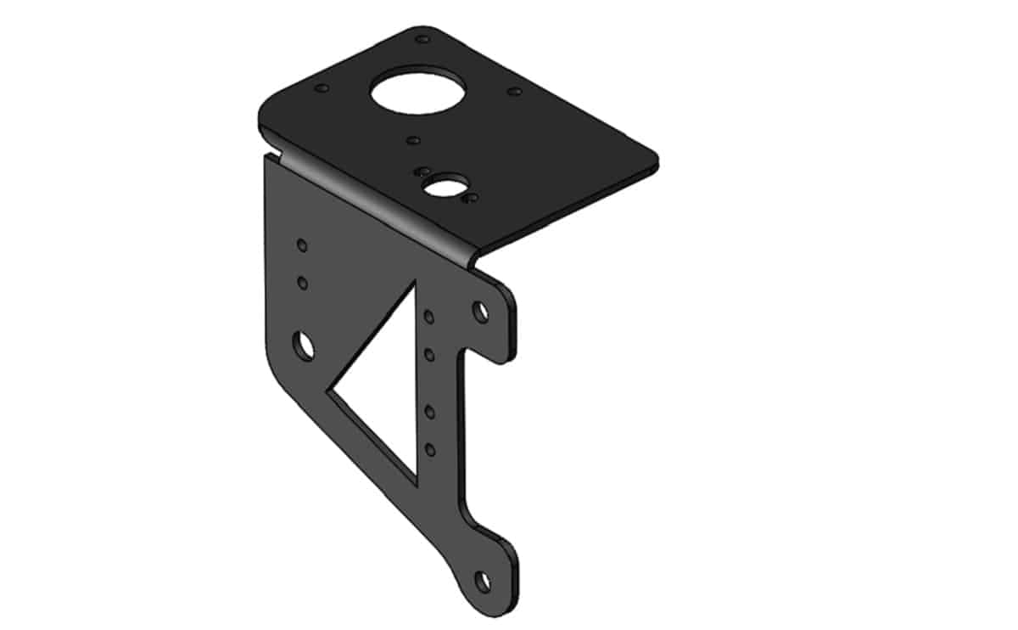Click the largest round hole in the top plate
[x=418, y=93]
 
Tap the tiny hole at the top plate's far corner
[x=422, y=38]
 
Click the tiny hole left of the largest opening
[x=321, y=87]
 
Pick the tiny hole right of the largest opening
[x=514, y=90]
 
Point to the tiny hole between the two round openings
[x=413, y=139]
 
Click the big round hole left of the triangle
[x=304, y=345]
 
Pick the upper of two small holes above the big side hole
[x=301, y=245]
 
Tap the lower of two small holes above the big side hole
[x=301, y=280]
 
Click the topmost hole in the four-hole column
[x=430, y=317]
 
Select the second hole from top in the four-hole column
[x=430, y=352]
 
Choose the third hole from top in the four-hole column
[x=430, y=412]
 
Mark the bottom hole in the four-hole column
[x=430, y=448]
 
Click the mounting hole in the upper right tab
[x=481, y=311]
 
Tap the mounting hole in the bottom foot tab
[x=483, y=582]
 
